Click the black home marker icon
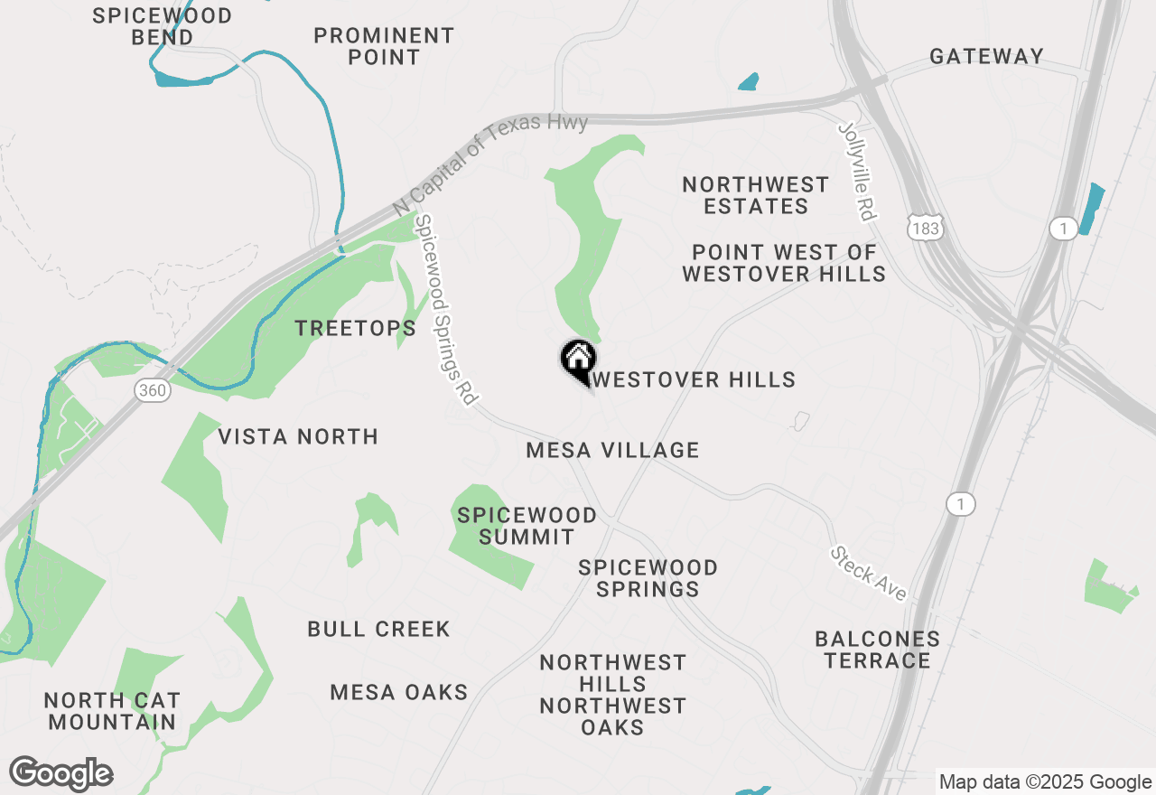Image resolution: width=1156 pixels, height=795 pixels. coord(577,359)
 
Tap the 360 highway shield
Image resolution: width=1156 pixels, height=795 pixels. coord(154,390)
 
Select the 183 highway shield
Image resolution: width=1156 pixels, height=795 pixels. coord(927,229)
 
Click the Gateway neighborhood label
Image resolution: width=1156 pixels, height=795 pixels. coord(986,56)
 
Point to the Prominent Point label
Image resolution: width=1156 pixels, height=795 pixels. coord(384,46)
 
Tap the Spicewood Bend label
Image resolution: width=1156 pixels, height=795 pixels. coord(163,26)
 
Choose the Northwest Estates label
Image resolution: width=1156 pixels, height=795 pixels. coord(756,195)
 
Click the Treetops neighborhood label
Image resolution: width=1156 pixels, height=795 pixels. coord(356,328)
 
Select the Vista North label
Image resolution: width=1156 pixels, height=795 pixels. coord(298,437)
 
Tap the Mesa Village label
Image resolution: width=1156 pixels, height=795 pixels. coord(612,450)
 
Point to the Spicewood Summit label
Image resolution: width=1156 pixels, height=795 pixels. coord(527,526)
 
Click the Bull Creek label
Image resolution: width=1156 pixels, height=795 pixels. coord(378,629)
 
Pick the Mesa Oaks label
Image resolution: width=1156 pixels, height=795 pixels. coord(399,692)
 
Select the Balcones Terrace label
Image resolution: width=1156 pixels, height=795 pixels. coord(877,650)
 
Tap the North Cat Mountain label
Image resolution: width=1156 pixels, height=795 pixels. coord(113,711)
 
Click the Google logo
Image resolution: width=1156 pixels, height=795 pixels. coord(61,774)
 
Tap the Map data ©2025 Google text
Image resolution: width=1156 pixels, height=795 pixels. coord(1045,782)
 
